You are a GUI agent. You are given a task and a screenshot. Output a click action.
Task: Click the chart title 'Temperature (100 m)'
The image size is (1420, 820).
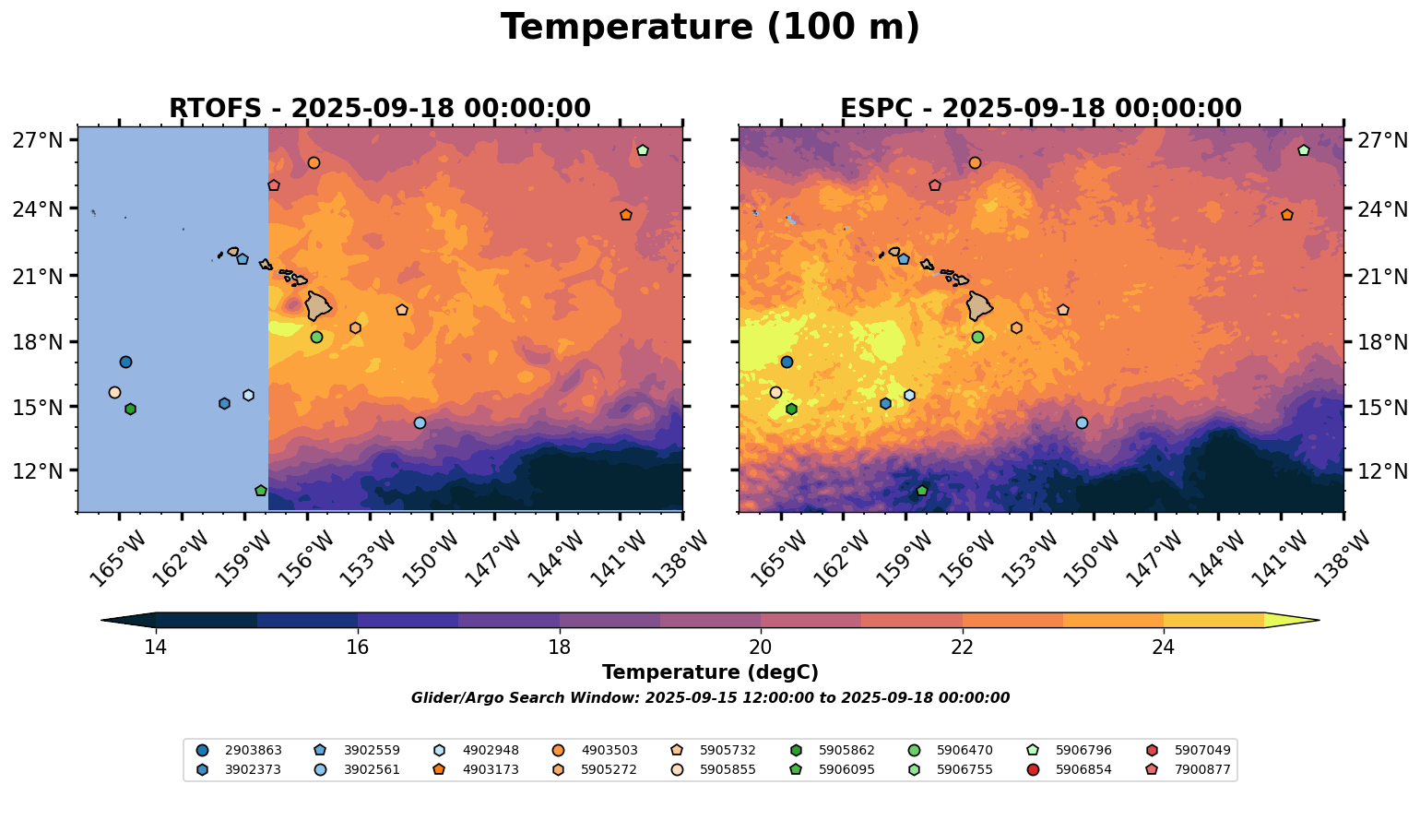tap(710, 28)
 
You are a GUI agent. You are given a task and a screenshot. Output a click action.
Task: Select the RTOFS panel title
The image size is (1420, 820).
tap(379, 109)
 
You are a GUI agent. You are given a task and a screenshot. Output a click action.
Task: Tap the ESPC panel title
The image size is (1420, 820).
tap(1040, 109)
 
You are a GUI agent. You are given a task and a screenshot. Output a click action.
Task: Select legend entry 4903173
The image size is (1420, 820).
tap(479, 769)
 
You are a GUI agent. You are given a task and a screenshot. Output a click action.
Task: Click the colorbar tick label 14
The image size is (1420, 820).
tap(155, 647)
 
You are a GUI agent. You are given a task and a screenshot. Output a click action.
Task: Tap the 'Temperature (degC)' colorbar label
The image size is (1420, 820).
tap(710, 672)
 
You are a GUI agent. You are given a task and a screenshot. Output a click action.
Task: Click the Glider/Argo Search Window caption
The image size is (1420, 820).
tap(710, 698)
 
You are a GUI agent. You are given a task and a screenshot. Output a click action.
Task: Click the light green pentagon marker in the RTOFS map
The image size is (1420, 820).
tap(643, 150)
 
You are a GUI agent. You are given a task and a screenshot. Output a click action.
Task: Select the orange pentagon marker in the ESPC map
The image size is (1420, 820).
tap(1287, 215)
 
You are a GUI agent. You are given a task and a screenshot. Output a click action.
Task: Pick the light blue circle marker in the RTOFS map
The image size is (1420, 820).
tap(420, 422)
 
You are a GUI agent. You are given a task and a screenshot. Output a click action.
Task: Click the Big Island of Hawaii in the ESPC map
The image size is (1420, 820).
tap(979, 305)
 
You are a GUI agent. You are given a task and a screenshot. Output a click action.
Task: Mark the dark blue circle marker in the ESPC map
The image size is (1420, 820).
tap(787, 362)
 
